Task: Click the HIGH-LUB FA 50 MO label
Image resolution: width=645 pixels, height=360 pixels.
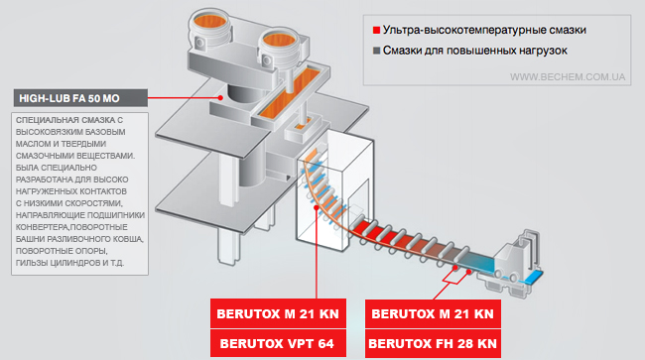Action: pos(80,98)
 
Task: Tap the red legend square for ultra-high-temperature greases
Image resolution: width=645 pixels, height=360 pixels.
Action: pos(376,30)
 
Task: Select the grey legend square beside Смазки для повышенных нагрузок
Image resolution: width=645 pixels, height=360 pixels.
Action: pos(376,51)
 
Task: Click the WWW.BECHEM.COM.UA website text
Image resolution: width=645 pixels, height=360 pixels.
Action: pos(568,76)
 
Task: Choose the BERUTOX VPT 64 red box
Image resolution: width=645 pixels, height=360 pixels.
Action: pos(278,343)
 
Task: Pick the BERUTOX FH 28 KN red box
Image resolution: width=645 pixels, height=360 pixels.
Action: pos(433,343)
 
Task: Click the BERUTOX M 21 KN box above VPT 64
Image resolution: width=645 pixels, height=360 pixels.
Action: pos(278,313)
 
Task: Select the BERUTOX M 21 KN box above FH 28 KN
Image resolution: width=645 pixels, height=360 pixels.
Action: pos(433,313)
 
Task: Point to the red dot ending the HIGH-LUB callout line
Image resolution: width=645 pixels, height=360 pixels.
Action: pos(221,98)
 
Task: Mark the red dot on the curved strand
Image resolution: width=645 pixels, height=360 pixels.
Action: pos(316,207)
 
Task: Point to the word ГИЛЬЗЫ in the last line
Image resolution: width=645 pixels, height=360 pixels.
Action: pos(32,263)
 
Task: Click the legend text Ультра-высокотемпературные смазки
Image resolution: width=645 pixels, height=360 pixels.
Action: pos(484,30)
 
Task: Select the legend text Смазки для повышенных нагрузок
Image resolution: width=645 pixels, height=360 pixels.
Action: pos(475,51)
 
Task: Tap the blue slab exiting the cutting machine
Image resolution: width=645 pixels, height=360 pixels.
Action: pos(534,279)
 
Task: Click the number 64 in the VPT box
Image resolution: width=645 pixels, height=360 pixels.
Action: pos(325,343)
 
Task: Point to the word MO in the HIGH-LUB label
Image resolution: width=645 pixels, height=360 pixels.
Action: pos(111,98)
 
